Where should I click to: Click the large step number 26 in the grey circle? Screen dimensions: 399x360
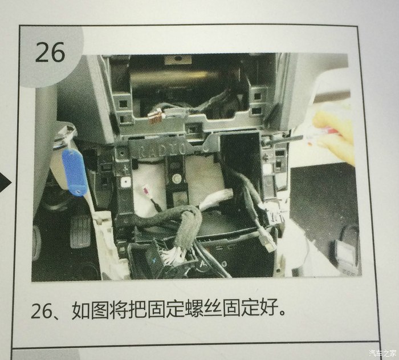click(x=50, y=52)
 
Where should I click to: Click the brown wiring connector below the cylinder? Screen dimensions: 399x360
click(x=156, y=116)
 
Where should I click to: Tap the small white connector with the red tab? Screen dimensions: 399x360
click(x=145, y=190)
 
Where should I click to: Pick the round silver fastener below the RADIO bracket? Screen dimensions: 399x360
click(x=176, y=179)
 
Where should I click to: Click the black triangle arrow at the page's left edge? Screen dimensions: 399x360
click(x=6, y=182)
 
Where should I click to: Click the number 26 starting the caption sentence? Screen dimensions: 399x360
click(x=41, y=310)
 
